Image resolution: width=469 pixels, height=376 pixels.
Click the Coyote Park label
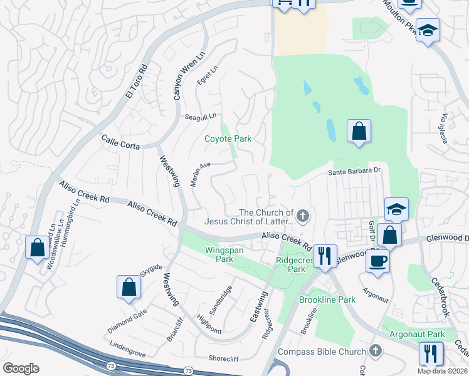point(228,138)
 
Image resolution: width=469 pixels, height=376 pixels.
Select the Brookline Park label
point(328,300)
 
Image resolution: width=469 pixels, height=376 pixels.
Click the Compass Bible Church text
point(322,352)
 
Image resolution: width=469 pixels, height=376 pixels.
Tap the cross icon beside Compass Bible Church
point(376,350)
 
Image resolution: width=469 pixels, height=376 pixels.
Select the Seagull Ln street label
point(200,117)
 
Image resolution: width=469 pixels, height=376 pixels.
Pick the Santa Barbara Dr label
point(355,170)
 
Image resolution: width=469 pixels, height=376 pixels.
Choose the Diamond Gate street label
point(127,321)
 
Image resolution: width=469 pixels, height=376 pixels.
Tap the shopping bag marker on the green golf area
point(358,132)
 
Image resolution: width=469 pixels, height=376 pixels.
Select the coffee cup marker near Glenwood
point(377,261)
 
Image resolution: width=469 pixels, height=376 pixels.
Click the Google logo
point(21,368)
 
